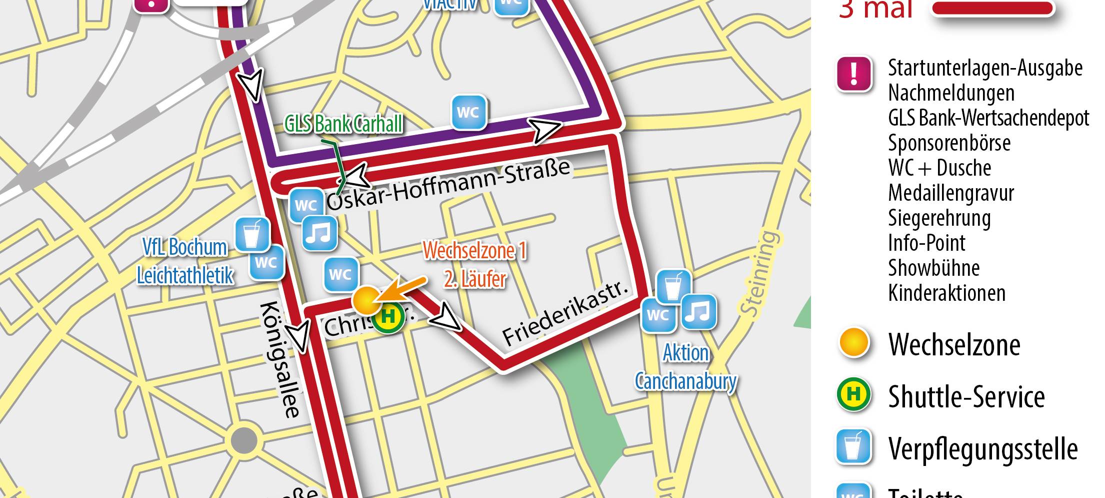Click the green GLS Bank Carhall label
point(343,124)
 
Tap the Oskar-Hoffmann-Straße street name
point(448,185)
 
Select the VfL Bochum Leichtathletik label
point(185,261)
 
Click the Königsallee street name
point(281,359)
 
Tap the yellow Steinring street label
point(760,273)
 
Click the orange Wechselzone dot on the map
point(365,300)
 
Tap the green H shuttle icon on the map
point(388,316)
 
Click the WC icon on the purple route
point(468,113)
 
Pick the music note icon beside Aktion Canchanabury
point(698,312)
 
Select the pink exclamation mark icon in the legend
point(854,74)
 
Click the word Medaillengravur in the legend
point(951,193)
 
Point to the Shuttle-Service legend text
point(966,397)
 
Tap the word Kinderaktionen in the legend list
point(946,293)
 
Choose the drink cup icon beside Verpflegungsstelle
point(854,446)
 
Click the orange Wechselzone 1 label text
point(474,250)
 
